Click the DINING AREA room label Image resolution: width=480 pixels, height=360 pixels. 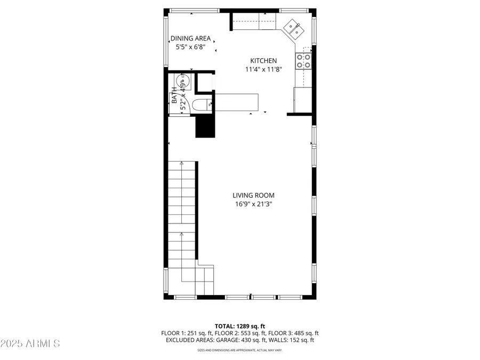click(190, 38)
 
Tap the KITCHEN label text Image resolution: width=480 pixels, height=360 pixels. click(263, 61)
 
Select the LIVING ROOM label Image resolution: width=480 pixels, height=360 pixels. click(253, 195)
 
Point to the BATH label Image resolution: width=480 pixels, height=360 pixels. click(174, 98)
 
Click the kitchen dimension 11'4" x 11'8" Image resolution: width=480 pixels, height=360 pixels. click(263, 69)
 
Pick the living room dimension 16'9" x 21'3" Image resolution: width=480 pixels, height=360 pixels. click(253, 204)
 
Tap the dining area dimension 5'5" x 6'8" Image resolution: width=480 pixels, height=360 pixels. click(190, 47)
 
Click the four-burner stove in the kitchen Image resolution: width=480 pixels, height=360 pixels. click(303, 61)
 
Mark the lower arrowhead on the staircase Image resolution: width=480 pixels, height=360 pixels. click(182, 234)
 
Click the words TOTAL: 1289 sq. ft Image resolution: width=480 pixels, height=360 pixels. click(239, 325)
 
